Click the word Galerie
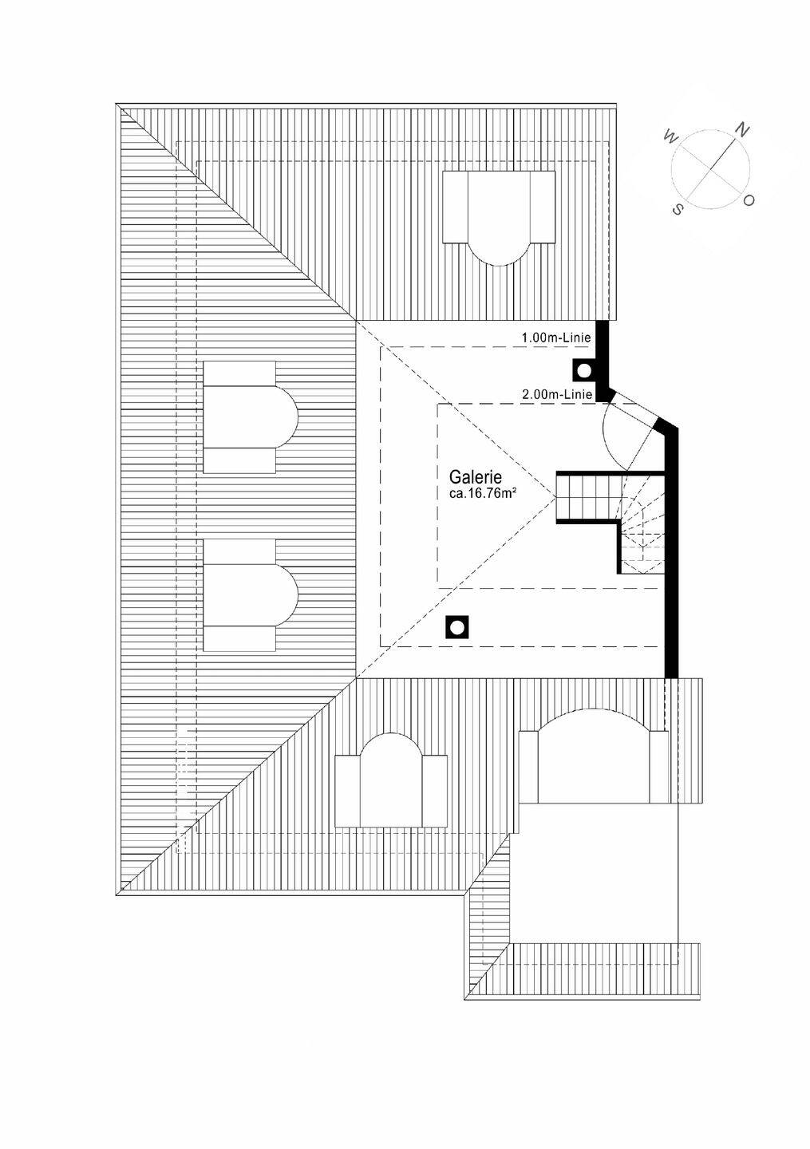click(475, 477)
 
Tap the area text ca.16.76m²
click(482, 494)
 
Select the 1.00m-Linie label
click(556, 338)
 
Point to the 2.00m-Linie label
click(556, 394)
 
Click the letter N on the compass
click(741, 130)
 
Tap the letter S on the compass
click(678, 209)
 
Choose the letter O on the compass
click(749, 201)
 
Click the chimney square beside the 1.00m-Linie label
click(584, 370)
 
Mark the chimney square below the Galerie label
click(456, 627)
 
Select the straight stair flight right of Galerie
click(587, 496)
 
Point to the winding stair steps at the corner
click(642, 531)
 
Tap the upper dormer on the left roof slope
click(250, 417)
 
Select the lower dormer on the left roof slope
click(250, 594)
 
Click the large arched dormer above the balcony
click(593, 758)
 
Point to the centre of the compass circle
click(710, 169)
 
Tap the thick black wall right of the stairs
click(671, 559)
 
